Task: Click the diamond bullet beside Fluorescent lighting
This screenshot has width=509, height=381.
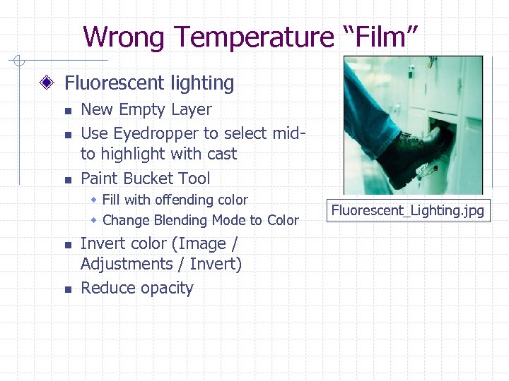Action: point(47,83)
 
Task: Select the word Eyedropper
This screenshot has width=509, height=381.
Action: point(160,133)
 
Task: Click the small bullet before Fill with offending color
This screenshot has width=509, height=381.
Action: point(95,200)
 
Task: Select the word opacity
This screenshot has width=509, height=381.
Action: point(167,288)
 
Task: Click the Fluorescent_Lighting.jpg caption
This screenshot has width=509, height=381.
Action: point(408,210)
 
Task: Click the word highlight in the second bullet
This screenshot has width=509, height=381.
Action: point(134,154)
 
